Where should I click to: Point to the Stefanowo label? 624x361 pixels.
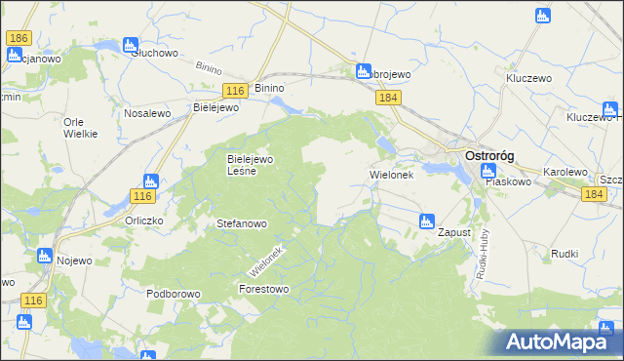click(241, 223)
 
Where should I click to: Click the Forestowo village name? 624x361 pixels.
click(263, 289)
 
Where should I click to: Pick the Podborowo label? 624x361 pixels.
click(173, 294)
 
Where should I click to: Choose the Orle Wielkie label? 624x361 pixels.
click(80, 128)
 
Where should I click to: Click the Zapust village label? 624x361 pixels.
click(454, 233)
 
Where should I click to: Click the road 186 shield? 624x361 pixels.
click(18, 38)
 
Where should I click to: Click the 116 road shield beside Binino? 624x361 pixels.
click(233, 90)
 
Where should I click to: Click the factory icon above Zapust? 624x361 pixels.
click(426, 221)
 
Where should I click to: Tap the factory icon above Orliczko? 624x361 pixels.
click(150, 180)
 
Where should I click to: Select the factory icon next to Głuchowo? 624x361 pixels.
click(130, 45)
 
